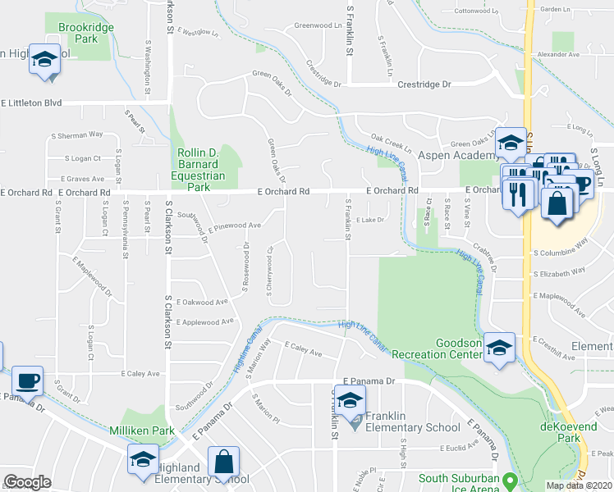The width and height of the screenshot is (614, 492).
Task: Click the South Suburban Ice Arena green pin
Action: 510,480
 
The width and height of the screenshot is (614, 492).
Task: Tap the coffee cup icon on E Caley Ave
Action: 28,381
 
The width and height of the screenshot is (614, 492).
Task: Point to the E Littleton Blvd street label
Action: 32,103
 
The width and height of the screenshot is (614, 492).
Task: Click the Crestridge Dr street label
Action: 424,84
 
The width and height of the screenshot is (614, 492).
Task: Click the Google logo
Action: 27,482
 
